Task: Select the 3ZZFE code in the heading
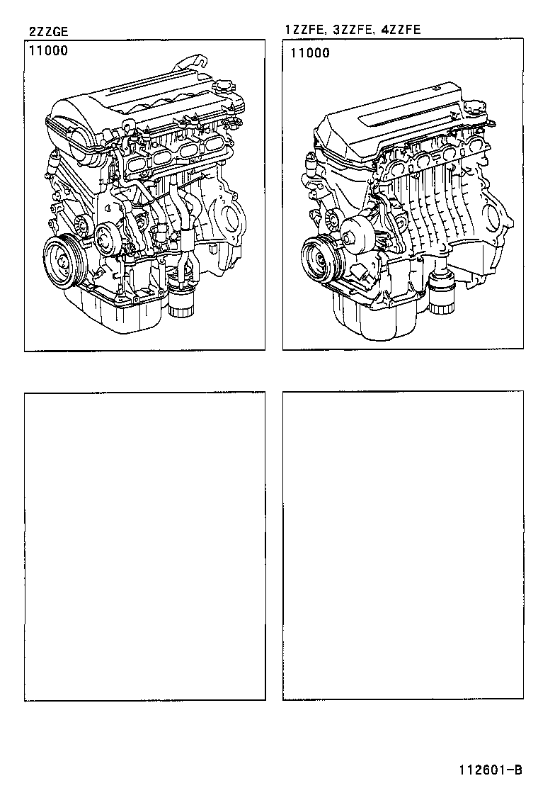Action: (x=348, y=30)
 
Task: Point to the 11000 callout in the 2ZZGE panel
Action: (x=49, y=52)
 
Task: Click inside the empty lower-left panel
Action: (x=145, y=546)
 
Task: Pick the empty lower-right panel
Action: (x=403, y=546)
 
